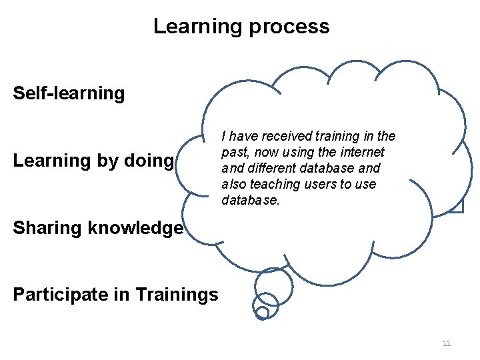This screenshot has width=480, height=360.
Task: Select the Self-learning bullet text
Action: (x=69, y=93)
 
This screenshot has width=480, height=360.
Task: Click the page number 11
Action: (x=447, y=343)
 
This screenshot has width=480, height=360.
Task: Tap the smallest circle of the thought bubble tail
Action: (x=263, y=312)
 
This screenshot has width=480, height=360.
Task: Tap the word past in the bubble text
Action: (x=233, y=152)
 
